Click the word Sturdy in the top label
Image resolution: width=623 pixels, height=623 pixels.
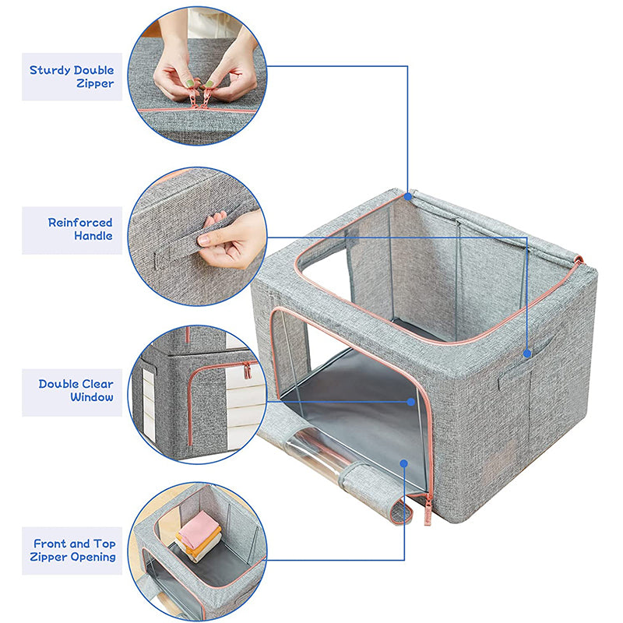pos(50,71)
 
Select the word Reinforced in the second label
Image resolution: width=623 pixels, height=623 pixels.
pos(80,223)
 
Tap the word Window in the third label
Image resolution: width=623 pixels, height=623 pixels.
pos(92,397)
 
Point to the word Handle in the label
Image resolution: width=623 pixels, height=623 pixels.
pos(93,236)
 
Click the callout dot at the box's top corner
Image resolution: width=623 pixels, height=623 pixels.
pos(407,196)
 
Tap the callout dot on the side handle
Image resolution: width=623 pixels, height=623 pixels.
pos(527,354)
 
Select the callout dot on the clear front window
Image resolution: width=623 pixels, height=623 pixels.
pos(411,402)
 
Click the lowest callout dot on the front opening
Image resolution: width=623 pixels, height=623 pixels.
pos(404,463)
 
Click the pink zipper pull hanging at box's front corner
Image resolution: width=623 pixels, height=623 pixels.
pos(428,510)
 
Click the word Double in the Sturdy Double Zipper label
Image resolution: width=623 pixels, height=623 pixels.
pos(93,71)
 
